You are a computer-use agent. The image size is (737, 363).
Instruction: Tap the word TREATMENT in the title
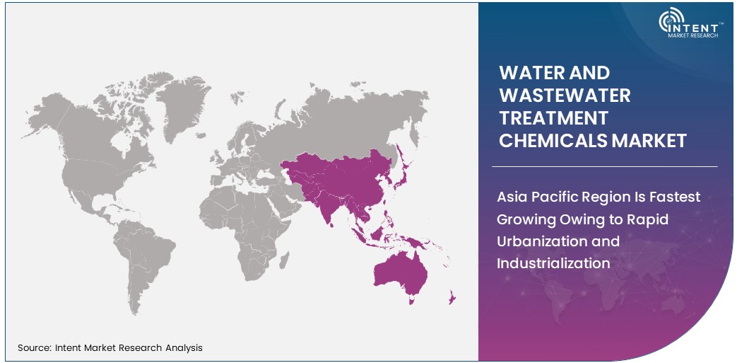click(553, 117)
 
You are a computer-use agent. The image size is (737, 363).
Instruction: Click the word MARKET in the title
click(649, 141)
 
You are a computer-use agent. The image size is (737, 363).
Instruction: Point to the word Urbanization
click(539, 241)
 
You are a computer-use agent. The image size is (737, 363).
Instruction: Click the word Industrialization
click(553, 263)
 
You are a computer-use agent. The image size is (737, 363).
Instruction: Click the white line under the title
click(604, 167)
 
